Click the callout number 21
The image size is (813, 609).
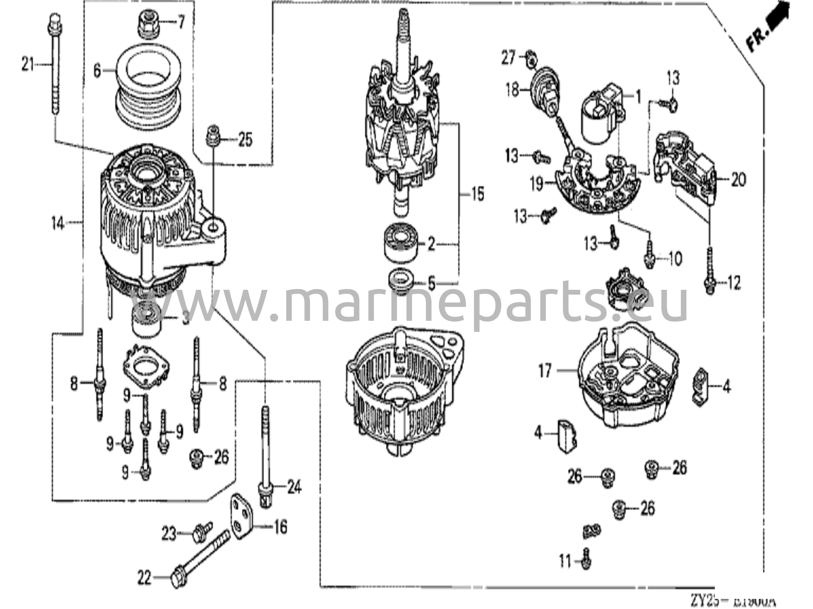pos(28,64)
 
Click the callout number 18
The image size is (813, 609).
pos(512,90)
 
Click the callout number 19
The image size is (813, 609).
pos(537,183)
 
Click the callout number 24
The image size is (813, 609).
pos(294,487)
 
